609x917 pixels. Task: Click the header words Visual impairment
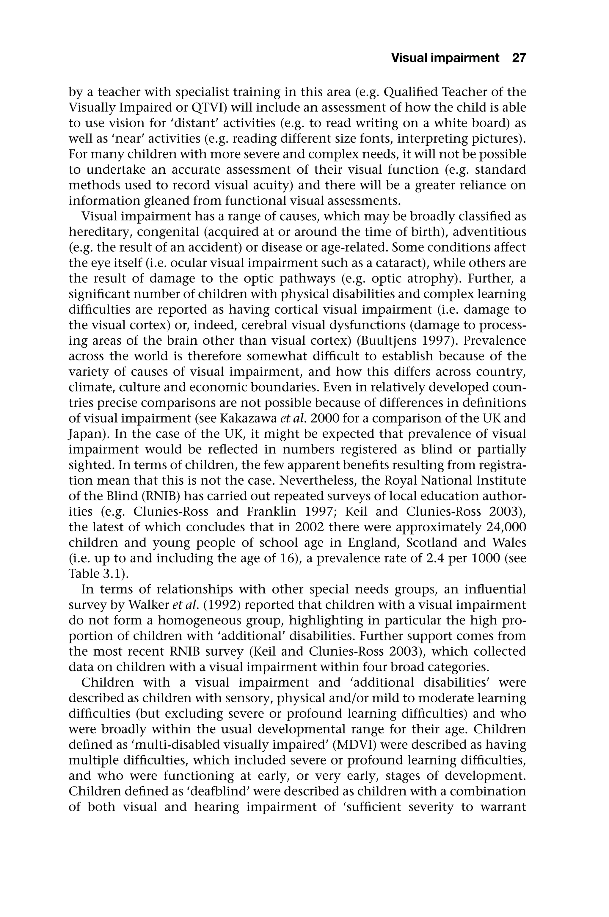coord(445,58)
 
